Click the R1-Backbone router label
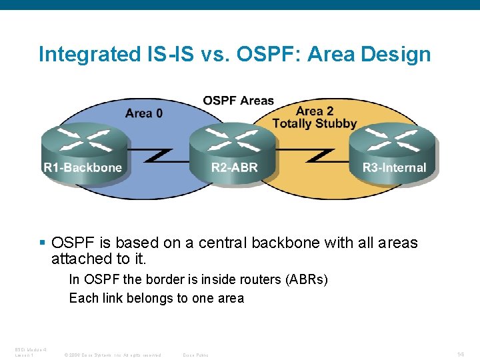[83, 167]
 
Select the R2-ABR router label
[234, 167]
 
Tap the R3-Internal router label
[394, 167]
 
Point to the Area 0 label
[143, 113]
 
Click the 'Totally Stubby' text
[315, 123]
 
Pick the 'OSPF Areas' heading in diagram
[238, 101]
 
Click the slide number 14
[461, 354]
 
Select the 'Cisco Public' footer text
[195, 355]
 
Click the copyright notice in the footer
[112, 355]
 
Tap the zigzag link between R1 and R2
[158, 155]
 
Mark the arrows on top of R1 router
[83, 139]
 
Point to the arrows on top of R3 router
[393, 139]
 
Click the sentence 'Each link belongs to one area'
[157, 298]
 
